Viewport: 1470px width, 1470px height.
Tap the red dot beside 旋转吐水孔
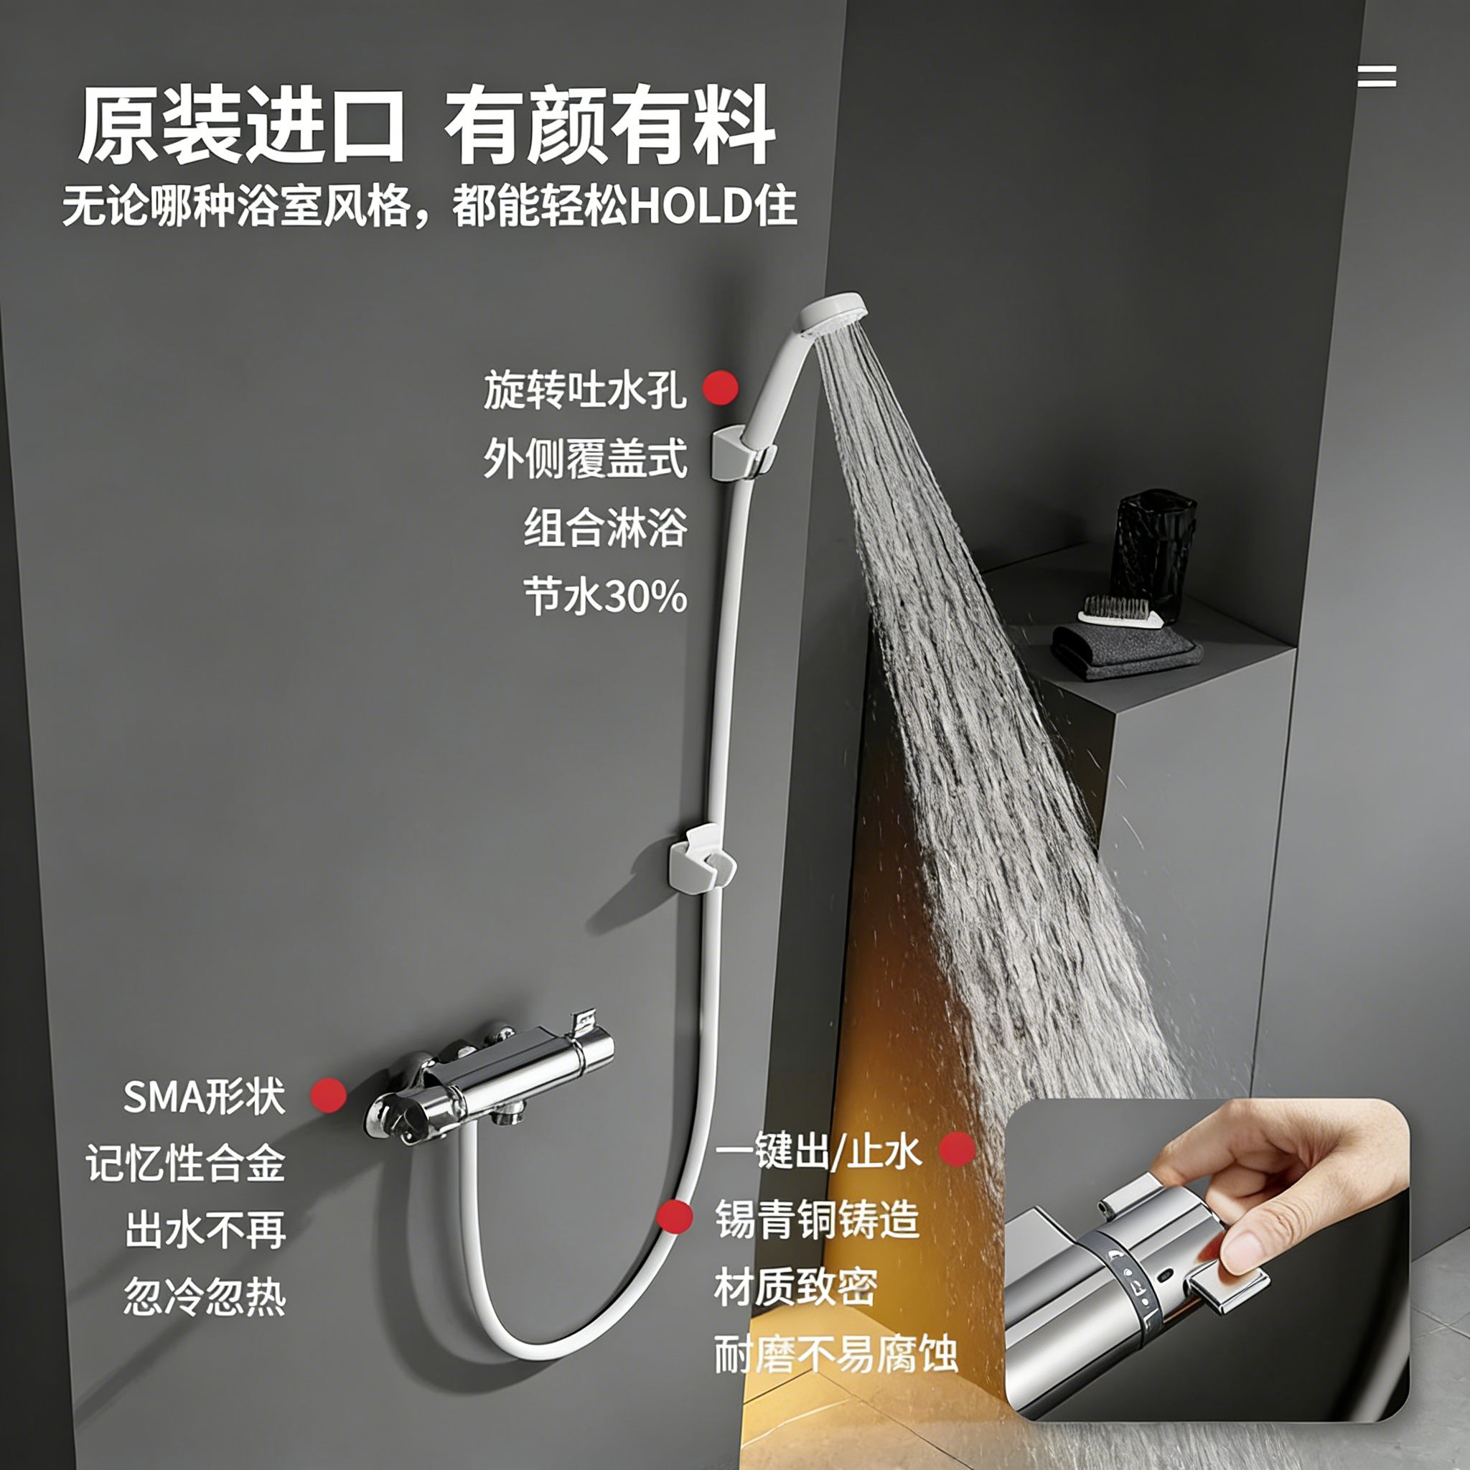(720, 388)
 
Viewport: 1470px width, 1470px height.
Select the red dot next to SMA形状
(329, 1095)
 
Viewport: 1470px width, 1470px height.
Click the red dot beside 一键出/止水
(958, 1149)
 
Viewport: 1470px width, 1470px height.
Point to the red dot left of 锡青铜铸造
(675, 1216)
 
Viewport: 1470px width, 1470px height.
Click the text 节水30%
(606, 596)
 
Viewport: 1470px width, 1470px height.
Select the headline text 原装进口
(242, 126)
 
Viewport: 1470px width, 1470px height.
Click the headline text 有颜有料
(610, 126)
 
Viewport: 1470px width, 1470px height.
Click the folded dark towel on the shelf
(1127, 650)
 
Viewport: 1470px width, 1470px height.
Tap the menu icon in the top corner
(1377, 77)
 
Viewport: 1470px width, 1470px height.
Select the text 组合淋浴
(606, 528)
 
